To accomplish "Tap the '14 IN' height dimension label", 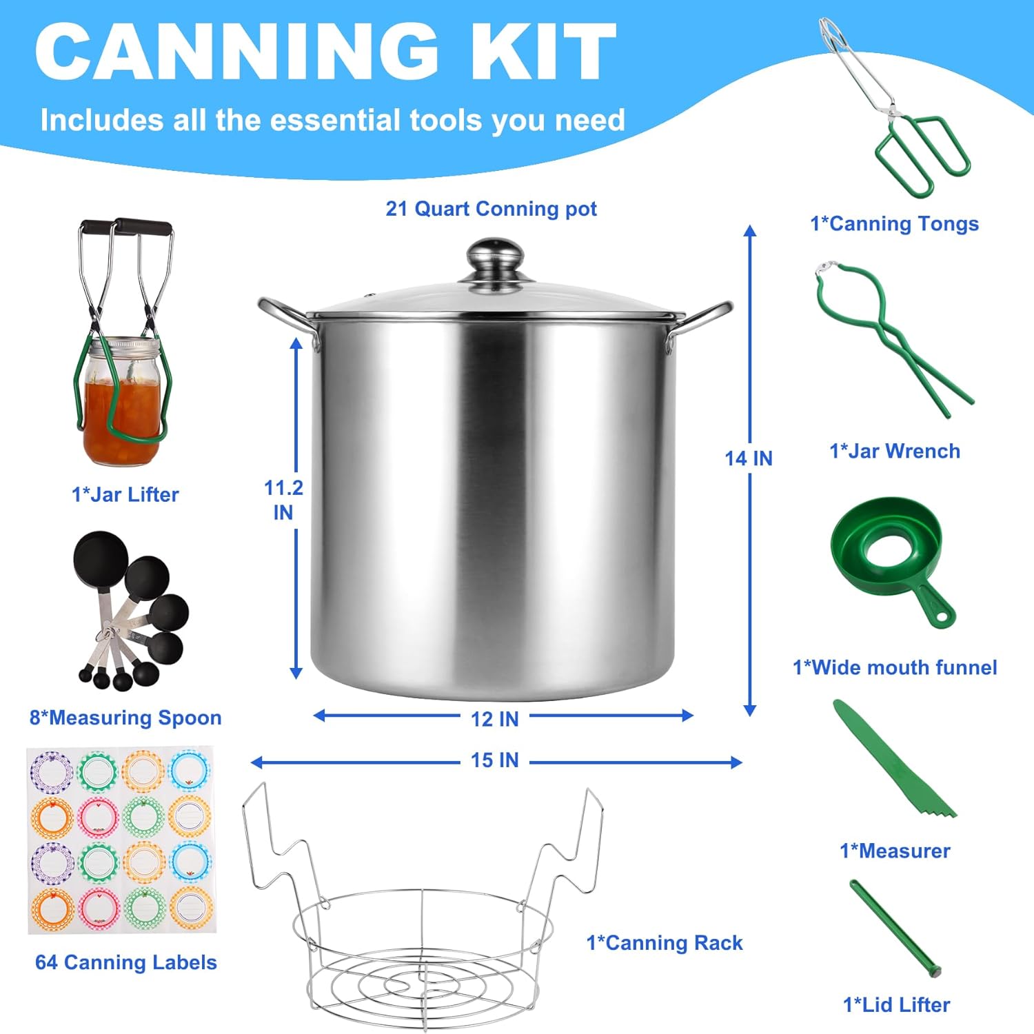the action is [x=749, y=458].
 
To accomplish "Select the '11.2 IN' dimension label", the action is [x=283, y=500].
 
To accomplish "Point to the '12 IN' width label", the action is [x=494, y=719].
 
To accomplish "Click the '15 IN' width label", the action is [x=494, y=760].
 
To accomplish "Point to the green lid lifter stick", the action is [x=895, y=926].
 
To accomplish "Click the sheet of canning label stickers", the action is [x=121, y=840].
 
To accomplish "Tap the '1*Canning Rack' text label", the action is [x=665, y=943].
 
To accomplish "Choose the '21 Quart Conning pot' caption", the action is [x=491, y=209].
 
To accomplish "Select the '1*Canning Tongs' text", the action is [x=894, y=224].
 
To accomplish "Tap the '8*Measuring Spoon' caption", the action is [x=125, y=718].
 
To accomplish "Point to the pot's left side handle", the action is [x=286, y=321].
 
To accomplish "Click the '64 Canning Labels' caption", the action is [x=126, y=962].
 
